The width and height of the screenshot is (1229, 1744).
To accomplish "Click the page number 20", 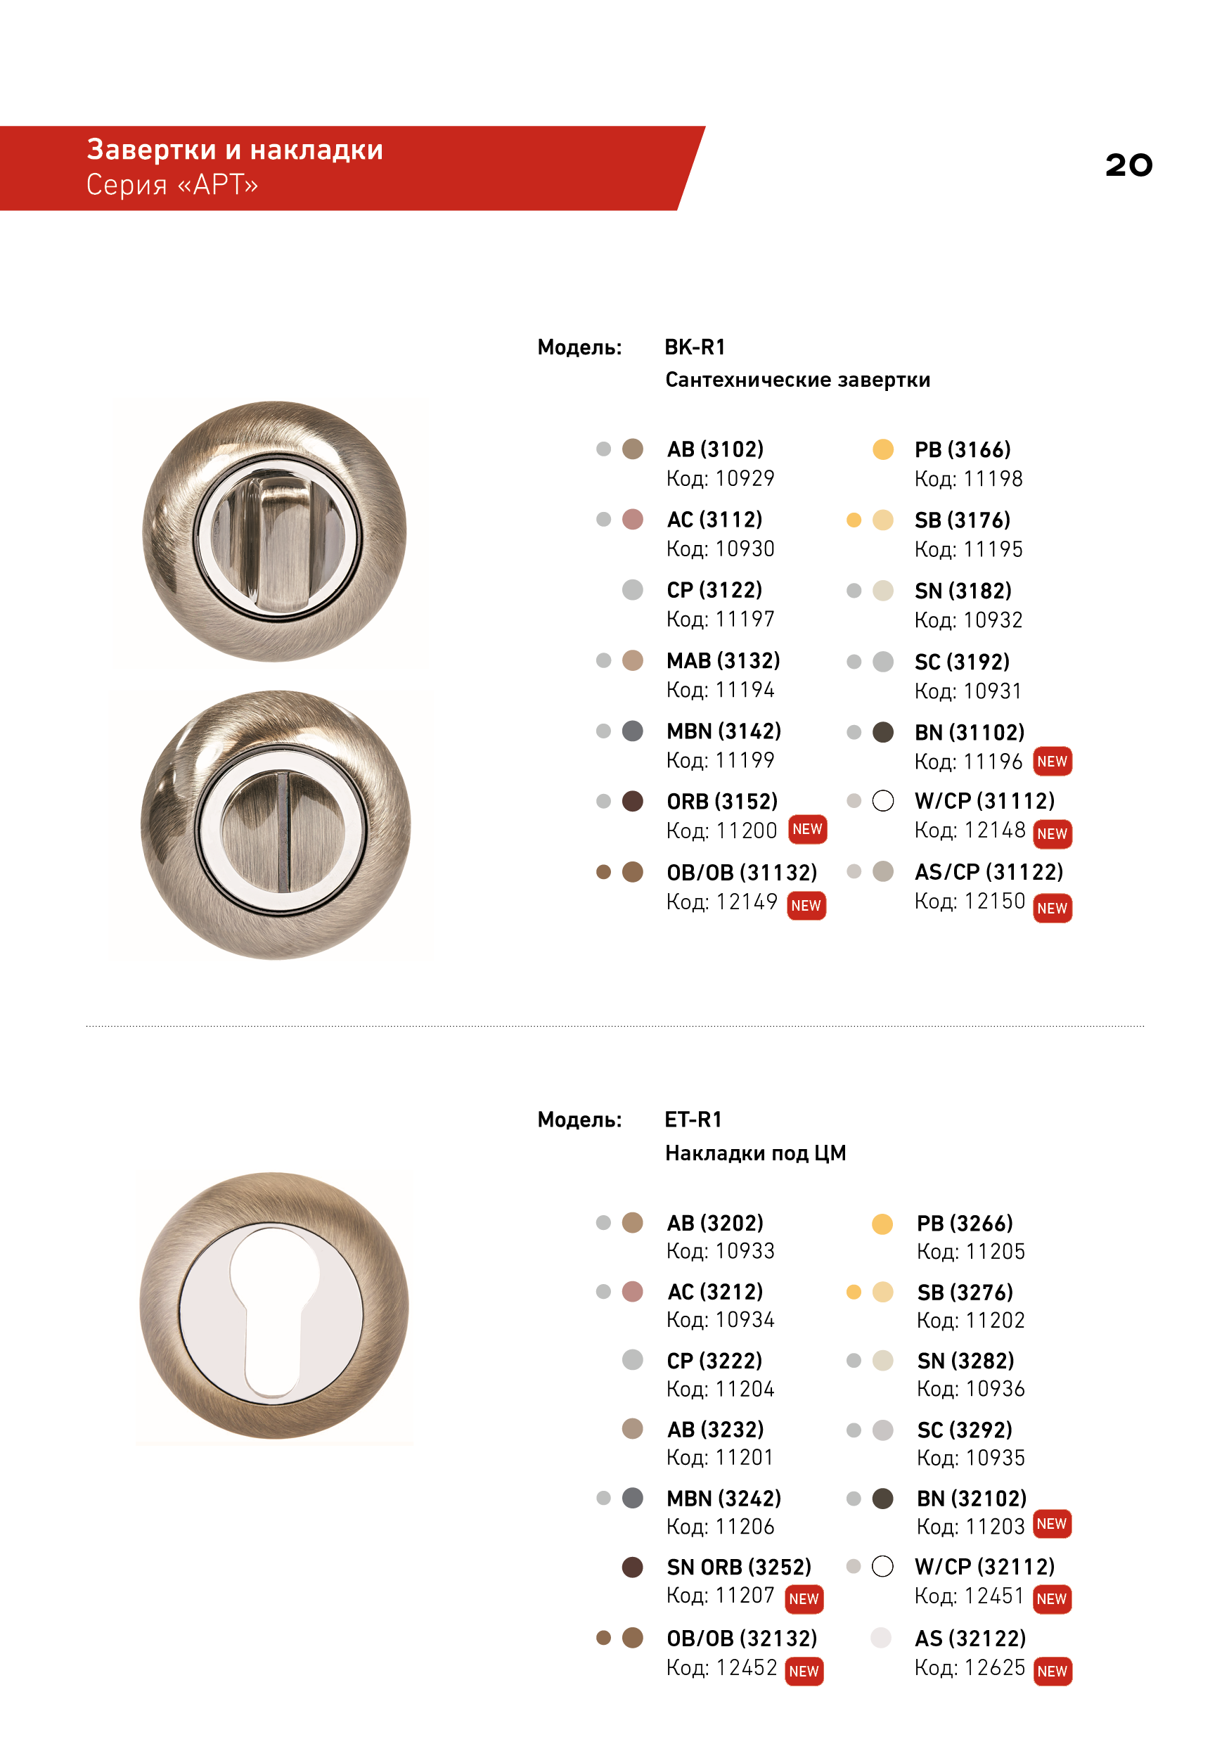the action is coord(1128,165).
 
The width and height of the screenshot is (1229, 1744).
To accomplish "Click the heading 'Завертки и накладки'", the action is coord(235,150).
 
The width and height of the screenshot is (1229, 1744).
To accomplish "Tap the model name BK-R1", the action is coord(695,347).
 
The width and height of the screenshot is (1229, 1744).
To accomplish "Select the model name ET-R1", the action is coord(693,1120).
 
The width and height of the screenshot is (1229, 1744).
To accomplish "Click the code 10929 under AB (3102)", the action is coord(745,478).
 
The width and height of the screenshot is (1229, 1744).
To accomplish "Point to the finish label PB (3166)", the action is coord(963,449).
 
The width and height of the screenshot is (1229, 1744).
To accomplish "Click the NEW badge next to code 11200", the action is coord(806,830).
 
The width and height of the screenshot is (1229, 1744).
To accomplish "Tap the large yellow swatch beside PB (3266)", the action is coord(882,1224).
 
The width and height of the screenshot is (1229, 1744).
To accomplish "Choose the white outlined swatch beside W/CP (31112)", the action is coord(882,800).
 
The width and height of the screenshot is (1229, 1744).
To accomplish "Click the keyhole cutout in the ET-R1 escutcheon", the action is coord(274,1314).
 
